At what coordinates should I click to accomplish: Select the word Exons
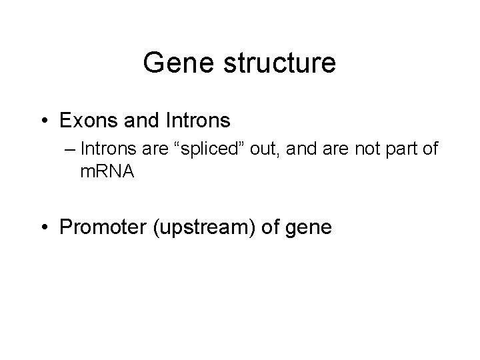(85, 121)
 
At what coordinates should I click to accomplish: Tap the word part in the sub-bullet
(398, 149)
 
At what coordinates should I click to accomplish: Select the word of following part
(430, 149)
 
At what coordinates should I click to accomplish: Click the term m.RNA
(107, 171)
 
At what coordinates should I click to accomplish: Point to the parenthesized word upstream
(201, 227)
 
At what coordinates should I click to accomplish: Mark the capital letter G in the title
(153, 63)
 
